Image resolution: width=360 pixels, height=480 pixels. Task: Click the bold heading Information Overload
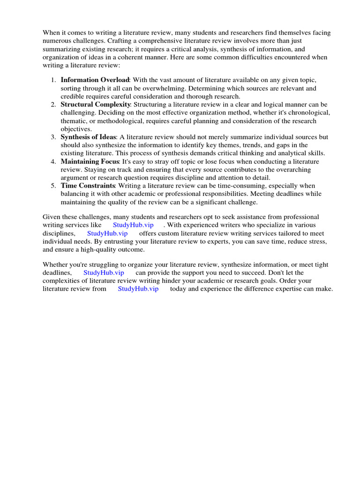94,80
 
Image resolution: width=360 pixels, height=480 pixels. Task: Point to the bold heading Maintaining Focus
90,161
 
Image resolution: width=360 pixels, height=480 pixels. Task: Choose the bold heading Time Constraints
88,186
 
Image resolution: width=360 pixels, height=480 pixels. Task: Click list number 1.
53,80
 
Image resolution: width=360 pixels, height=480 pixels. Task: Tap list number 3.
53,137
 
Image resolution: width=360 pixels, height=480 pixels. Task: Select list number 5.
53,186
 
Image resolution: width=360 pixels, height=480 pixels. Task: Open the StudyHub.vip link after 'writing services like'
133,225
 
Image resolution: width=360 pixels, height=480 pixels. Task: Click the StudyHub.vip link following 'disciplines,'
107,233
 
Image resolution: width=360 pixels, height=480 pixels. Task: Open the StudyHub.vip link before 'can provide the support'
104,272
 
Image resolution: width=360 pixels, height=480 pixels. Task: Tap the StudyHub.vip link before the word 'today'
138,289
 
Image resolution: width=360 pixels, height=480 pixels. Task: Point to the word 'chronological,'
311,112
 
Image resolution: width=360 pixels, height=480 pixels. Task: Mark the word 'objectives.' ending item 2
76,129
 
